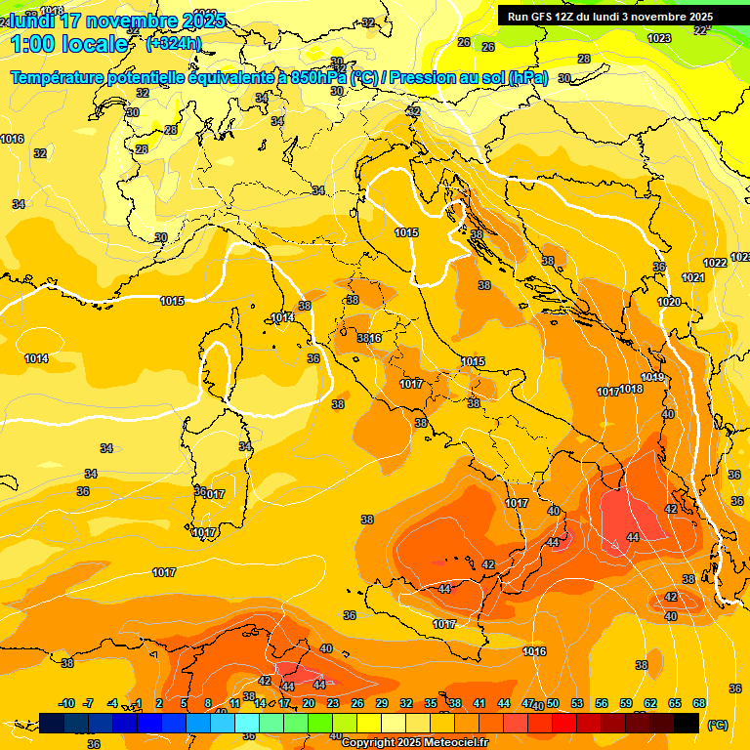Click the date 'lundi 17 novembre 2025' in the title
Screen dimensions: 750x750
[117, 21]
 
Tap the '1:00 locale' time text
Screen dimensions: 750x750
[68, 44]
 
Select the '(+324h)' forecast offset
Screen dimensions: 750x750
[174, 44]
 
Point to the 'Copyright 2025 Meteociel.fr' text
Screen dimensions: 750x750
[414, 742]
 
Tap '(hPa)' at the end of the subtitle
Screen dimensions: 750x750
[528, 77]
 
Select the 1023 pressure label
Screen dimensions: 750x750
[659, 38]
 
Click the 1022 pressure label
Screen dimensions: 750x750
[715, 263]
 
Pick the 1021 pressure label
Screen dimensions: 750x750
[692, 278]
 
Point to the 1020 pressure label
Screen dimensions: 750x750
[669, 303]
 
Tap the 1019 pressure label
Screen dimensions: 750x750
[652, 378]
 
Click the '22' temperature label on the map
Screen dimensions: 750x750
[699, 30]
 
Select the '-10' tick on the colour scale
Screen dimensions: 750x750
[66, 703]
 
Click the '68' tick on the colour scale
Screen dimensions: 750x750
[699, 703]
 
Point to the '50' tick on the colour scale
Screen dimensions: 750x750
[552, 703]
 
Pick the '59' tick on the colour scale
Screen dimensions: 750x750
[626, 703]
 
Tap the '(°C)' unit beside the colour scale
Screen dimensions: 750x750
[717, 724]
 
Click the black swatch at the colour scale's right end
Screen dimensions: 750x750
[687, 723]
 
